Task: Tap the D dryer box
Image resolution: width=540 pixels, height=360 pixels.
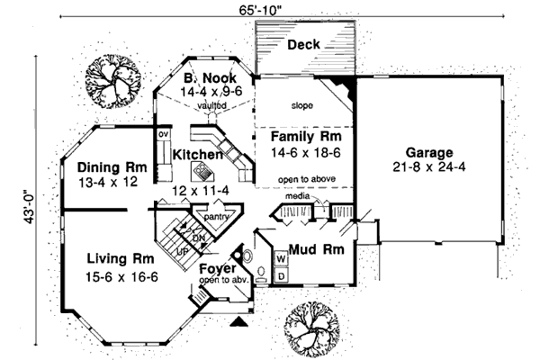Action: point(280,274)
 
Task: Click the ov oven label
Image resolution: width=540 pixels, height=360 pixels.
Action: point(164,135)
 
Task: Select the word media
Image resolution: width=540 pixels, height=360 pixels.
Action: point(297,195)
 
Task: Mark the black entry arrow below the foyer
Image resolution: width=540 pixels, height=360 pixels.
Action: point(239,320)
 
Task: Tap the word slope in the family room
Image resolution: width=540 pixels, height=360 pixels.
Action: point(301,106)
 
